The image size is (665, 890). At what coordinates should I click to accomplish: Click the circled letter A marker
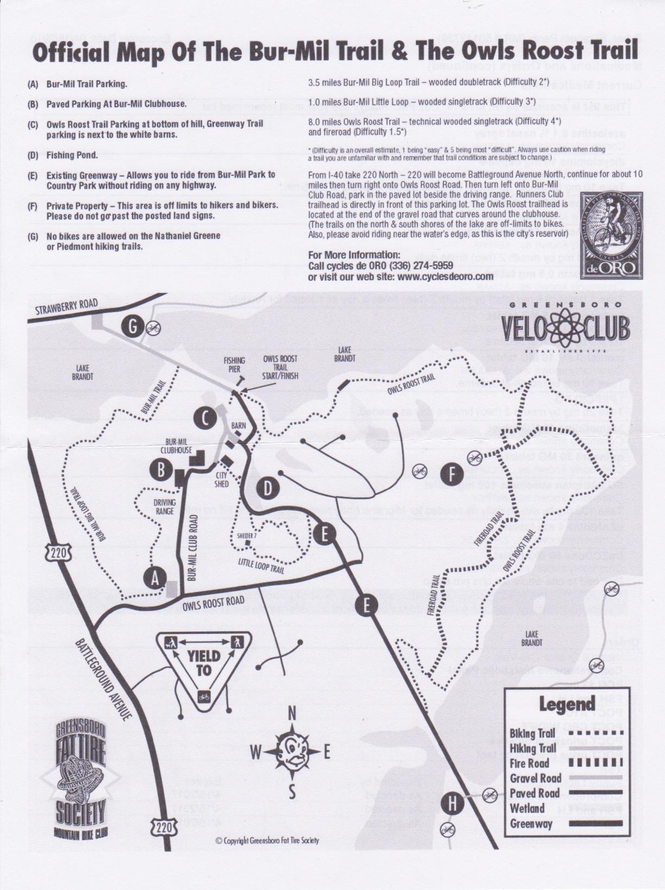click(155, 578)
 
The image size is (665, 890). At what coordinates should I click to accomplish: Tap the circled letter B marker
click(161, 470)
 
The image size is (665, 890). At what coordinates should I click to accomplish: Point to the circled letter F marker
click(452, 474)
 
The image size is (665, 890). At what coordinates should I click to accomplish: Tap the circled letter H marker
click(452, 804)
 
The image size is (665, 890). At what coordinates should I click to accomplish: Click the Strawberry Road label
click(66, 307)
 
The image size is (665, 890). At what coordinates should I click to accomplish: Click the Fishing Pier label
click(234, 364)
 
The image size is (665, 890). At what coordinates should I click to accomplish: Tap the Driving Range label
click(164, 507)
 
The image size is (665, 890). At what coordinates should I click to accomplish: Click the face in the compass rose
click(292, 751)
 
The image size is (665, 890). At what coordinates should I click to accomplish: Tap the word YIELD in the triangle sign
click(204, 656)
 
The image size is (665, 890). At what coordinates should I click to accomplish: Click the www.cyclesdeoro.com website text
click(401, 276)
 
